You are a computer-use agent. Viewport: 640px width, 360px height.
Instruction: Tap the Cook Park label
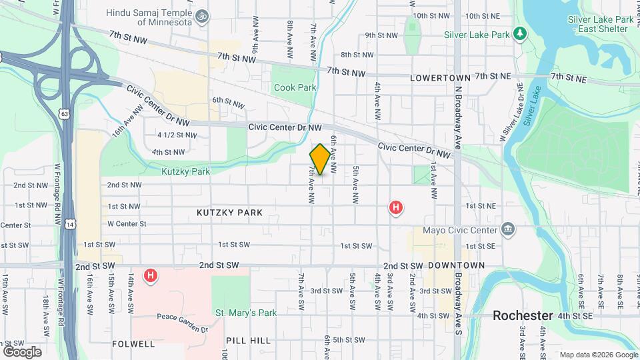(294, 87)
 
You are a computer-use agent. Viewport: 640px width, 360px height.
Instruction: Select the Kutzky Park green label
(185, 171)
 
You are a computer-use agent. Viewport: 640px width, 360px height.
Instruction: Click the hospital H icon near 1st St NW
(396, 208)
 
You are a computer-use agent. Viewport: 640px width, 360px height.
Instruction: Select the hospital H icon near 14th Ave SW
(151, 275)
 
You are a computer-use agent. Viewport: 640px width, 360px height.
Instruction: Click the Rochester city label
(524, 315)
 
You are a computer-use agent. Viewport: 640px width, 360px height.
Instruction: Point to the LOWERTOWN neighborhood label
(440, 78)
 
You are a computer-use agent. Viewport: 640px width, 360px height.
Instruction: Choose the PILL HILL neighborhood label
(248, 341)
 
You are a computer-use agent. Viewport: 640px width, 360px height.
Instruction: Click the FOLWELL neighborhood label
(133, 344)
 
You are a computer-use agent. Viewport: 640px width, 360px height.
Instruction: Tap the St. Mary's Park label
(245, 313)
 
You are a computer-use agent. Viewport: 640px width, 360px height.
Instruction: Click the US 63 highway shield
(64, 114)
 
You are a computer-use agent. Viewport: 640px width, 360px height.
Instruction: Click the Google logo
(22, 351)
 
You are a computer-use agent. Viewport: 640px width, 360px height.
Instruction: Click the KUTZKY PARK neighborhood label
(229, 213)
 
